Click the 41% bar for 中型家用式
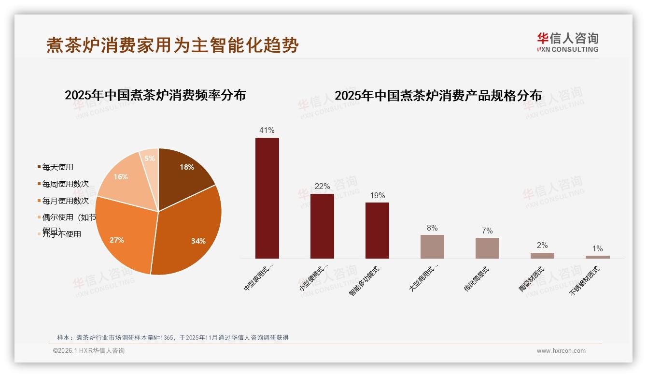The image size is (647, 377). (x=267, y=198)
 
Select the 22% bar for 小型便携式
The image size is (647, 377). (x=322, y=226)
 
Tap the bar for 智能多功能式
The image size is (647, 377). (x=377, y=231)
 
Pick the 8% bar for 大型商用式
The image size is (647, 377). (x=432, y=246)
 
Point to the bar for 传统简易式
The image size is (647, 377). (x=487, y=248)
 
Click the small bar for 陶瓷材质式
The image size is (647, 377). (x=542, y=256)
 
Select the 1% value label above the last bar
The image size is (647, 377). (x=597, y=249)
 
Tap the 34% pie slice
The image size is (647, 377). (x=193, y=232)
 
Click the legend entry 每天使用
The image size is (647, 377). (x=57, y=167)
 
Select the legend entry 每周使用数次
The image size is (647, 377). (x=65, y=184)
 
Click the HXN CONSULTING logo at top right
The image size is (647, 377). (x=567, y=43)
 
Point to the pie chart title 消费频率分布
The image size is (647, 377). (x=155, y=95)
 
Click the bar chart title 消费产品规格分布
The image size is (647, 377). (x=438, y=96)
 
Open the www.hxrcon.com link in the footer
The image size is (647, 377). (x=561, y=351)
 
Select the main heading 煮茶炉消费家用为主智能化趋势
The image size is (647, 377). (x=172, y=45)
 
